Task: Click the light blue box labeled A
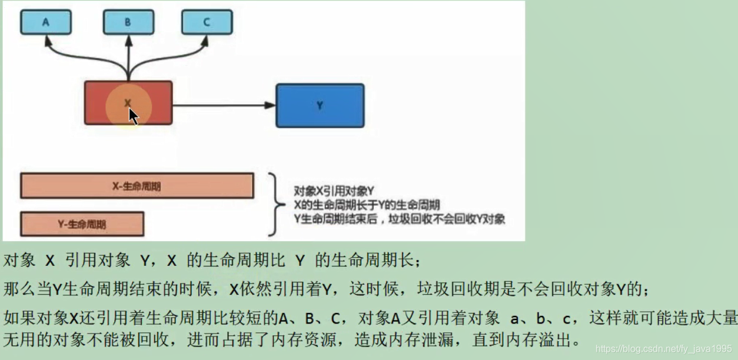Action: (x=46, y=22)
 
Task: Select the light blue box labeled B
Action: (x=128, y=22)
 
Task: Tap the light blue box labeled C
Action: (x=207, y=22)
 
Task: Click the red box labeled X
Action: (x=128, y=103)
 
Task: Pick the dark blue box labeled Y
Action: (x=320, y=105)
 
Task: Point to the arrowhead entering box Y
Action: (x=271, y=105)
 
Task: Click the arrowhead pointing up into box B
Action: (x=128, y=39)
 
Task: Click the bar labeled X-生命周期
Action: (x=137, y=186)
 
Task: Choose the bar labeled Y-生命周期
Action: (x=82, y=224)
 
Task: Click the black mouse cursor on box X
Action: (x=134, y=116)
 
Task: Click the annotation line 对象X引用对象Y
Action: (x=334, y=191)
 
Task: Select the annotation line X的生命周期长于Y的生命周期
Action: (x=367, y=205)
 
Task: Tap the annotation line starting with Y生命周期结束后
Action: (x=399, y=219)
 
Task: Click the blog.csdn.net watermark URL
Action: (x=663, y=349)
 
